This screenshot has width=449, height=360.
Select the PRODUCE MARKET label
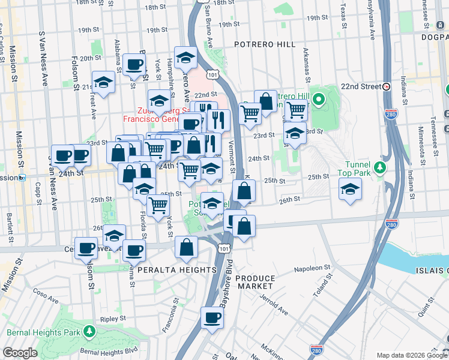(x=255, y=282)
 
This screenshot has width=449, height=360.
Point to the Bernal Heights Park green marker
(x=89, y=331)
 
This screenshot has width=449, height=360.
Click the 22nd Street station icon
(x=387, y=86)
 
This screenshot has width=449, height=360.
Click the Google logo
(x=20, y=353)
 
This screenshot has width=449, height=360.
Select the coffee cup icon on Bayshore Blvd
(x=211, y=318)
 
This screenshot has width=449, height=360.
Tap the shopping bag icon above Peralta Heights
(x=187, y=247)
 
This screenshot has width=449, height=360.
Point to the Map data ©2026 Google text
(x=412, y=355)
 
